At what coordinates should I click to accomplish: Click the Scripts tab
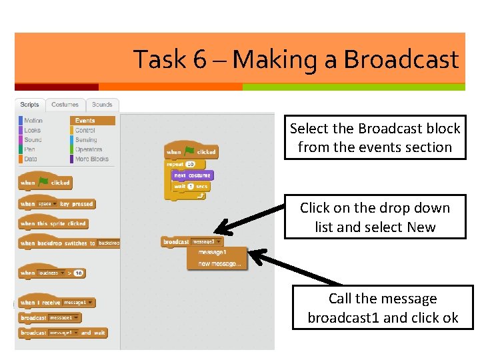point(30,105)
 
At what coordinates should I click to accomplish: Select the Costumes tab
point(65,105)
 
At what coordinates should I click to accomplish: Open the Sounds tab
point(102,105)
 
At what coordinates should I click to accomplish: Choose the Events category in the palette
point(85,121)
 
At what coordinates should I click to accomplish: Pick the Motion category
point(33,121)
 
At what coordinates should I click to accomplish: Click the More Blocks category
point(91,159)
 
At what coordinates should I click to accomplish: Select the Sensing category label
point(86,140)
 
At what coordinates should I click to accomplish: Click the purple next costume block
point(191,175)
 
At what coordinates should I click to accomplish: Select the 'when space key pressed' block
point(57,204)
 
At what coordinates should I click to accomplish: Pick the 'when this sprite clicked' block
point(53,224)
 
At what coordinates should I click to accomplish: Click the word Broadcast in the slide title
point(401,60)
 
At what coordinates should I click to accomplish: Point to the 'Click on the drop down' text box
point(375,217)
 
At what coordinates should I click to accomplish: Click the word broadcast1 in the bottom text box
point(343,318)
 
